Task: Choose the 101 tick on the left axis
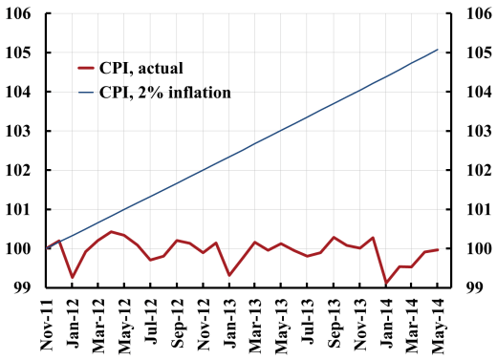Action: [x=21, y=210]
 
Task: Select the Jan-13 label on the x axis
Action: [x=230, y=325]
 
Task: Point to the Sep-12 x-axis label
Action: [x=178, y=325]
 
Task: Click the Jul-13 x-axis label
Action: [x=308, y=325]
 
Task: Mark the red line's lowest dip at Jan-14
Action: [x=386, y=283]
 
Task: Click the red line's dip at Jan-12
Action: [x=73, y=277]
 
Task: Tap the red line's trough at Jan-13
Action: [x=229, y=275]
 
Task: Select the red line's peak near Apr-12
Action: [x=112, y=231]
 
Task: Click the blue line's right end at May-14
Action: [x=438, y=50]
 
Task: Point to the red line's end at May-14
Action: [x=438, y=250]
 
